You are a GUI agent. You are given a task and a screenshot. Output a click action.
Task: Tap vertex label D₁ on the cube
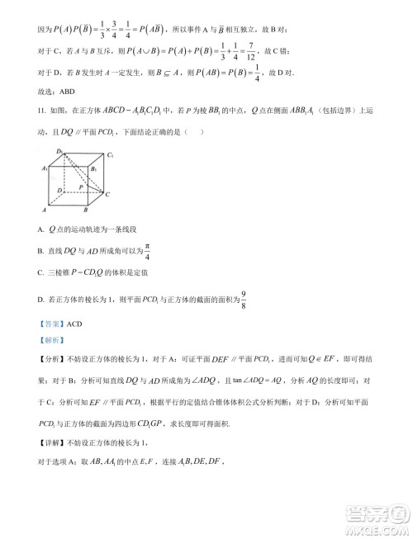(59, 150)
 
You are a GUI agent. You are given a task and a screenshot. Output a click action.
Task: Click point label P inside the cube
(82, 188)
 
